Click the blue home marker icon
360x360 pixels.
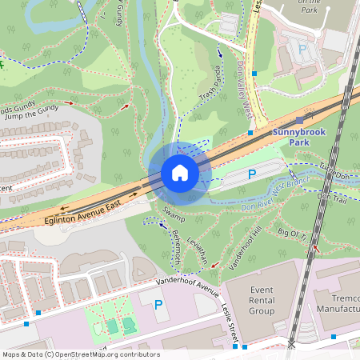180,173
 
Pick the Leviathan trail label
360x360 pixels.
195,251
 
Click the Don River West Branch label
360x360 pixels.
275,198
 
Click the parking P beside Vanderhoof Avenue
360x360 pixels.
158,304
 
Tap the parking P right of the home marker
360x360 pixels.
252,174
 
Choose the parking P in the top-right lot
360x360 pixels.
302,49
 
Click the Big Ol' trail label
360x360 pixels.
293,233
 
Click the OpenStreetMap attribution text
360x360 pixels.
81,354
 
